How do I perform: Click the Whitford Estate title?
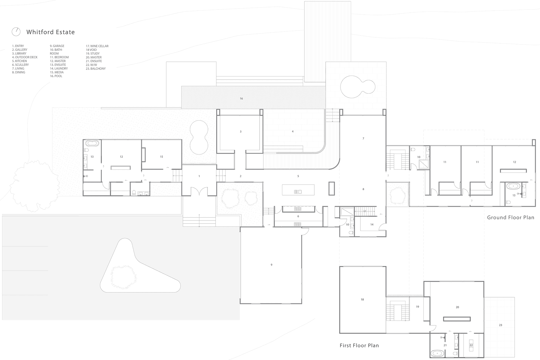51,32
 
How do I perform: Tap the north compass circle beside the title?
16,32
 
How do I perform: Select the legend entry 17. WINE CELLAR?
97,46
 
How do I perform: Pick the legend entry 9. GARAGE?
57,46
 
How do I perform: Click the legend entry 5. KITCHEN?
19,61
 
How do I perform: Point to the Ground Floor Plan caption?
510,217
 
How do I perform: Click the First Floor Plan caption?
359,345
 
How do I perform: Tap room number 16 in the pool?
241,99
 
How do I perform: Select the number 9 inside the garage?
271,265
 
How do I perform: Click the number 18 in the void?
362,300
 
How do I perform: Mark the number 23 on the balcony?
500,325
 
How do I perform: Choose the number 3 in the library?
240,132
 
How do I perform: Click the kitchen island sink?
298,192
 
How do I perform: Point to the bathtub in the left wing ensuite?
92,143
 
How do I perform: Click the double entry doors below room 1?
199,192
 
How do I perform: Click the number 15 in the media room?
161,157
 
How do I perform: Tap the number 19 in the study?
417,307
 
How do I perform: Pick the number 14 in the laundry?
372,224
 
